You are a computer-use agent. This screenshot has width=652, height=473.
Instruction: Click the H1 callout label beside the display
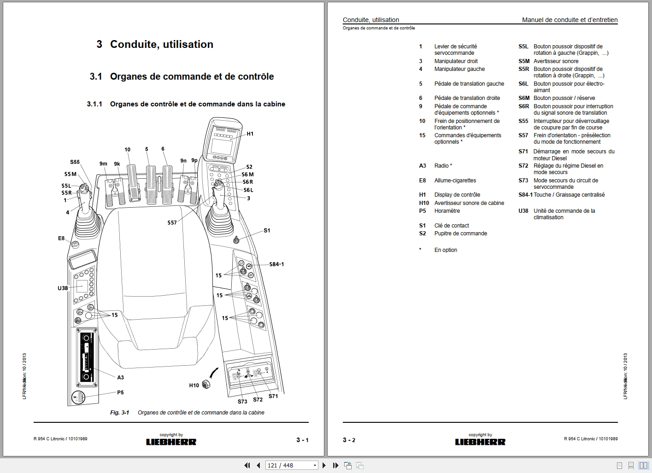tap(250, 134)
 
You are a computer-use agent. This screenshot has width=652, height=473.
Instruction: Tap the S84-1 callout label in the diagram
tap(276, 264)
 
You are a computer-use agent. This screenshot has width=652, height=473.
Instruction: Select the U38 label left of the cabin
tap(63, 288)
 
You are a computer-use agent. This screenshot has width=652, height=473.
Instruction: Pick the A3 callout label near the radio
tap(120, 378)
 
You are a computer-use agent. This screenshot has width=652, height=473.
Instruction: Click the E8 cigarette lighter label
tap(61, 239)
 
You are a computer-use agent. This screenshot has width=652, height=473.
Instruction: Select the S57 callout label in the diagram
tap(172, 223)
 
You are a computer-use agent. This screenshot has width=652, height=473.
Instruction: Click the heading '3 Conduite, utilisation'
tap(155, 44)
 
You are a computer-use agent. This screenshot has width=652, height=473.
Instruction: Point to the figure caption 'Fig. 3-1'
tap(119, 413)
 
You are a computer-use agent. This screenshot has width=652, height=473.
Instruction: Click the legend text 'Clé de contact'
tap(451, 226)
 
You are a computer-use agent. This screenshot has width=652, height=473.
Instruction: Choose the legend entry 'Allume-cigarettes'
tap(455, 181)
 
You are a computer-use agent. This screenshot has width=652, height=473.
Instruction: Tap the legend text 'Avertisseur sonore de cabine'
tap(469, 203)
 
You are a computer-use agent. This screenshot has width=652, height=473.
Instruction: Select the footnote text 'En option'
tap(446, 250)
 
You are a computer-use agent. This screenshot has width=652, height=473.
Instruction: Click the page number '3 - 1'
tap(302, 440)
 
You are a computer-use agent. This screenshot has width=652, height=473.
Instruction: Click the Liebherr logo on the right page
tap(480, 442)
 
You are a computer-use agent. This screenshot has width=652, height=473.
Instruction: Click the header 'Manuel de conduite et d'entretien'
tap(570, 20)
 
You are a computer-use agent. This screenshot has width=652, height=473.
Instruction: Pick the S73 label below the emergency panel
tap(242, 402)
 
